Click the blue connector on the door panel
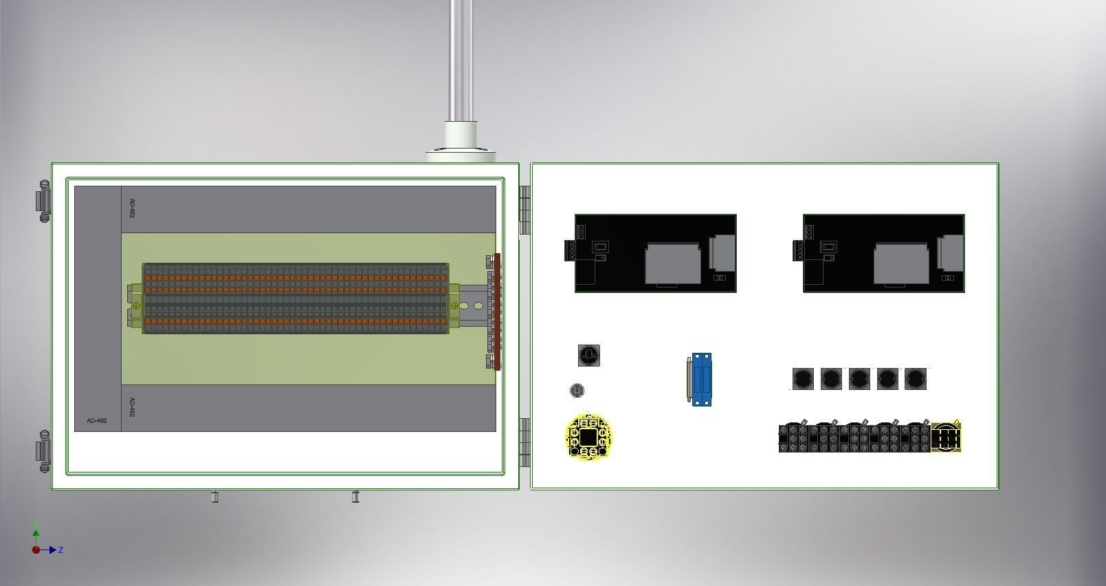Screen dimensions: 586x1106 (x=702, y=379)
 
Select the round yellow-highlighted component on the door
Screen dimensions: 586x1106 (x=588, y=437)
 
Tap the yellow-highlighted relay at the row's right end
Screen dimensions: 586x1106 (x=946, y=437)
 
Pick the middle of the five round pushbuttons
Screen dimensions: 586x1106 (x=859, y=378)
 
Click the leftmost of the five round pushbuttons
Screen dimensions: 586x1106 (x=803, y=378)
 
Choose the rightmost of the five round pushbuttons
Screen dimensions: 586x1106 (x=916, y=378)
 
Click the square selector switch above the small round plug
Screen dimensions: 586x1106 (x=589, y=355)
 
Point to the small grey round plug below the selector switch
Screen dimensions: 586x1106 (x=577, y=391)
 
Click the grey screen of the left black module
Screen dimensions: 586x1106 (x=672, y=263)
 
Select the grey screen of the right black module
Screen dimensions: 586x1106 (x=900, y=263)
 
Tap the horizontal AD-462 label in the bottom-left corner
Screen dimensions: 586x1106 (x=97, y=420)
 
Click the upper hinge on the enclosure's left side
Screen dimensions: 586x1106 (x=43, y=201)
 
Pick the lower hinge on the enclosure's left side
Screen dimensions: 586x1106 (x=43, y=451)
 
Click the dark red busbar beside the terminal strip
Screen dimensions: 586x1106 (x=497, y=312)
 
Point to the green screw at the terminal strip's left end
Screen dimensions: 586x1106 (x=137, y=305)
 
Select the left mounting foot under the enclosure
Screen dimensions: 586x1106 (x=214, y=497)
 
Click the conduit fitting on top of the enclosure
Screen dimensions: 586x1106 (x=461, y=141)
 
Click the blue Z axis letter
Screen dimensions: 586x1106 (x=61, y=550)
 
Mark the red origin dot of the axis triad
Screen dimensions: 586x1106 (x=36, y=550)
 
